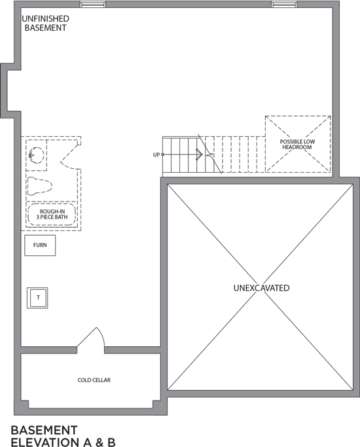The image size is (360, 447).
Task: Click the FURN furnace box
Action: [x=40, y=245]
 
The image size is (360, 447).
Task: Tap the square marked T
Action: [x=37, y=298]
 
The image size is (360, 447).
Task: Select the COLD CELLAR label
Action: [x=94, y=380]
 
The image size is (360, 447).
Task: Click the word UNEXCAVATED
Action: [x=261, y=288]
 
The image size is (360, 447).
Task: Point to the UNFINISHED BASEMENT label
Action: [x=45, y=24]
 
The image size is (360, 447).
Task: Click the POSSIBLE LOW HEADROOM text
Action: [x=297, y=144]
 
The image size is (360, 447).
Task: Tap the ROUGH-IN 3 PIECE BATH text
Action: [x=52, y=215]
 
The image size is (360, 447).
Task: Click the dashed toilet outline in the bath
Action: [x=39, y=186]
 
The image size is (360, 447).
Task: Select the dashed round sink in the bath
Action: [x=37, y=155]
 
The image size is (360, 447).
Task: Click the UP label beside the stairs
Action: [x=156, y=155]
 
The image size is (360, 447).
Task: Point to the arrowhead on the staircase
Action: [x=200, y=154]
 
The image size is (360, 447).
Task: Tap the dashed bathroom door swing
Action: [x=68, y=156]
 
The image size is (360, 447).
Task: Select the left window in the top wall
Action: [x=93, y=5]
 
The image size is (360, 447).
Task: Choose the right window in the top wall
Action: [x=284, y=5]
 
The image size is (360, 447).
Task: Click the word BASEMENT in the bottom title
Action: [x=44, y=430]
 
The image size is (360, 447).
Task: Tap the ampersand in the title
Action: [x=99, y=442]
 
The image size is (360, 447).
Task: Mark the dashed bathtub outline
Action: [x=52, y=215]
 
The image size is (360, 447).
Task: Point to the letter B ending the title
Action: [x=111, y=442]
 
